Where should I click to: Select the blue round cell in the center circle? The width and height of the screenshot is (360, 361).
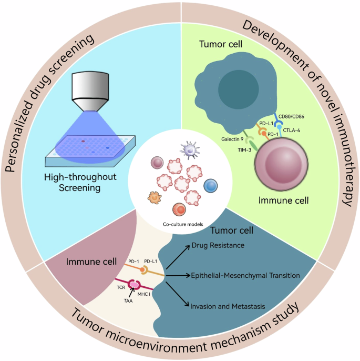(x=211, y=186)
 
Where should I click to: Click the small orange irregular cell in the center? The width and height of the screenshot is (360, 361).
(x=154, y=198)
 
